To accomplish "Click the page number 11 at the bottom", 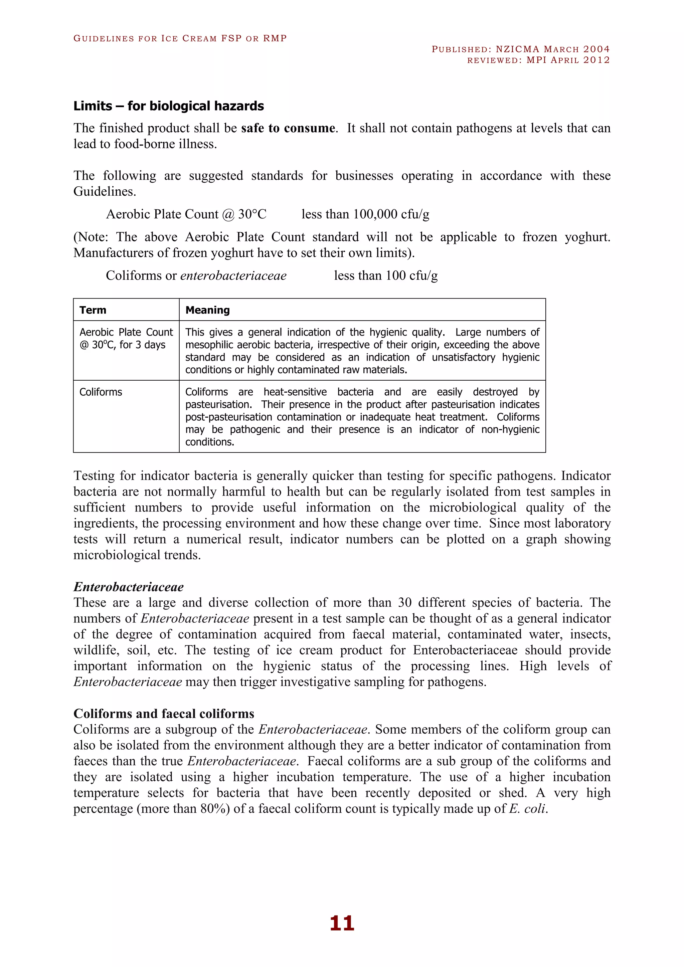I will pyautogui.click(x=342, y=923).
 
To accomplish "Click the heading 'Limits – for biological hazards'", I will pyautogui.click(x=168, y=106).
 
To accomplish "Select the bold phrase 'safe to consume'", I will pyautogui.click(x=288, y=128).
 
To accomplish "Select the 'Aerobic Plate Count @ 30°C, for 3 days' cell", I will pyautogui.click(x=126, y=339).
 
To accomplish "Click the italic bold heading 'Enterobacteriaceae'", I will pyautogui.click(x=129, y=587).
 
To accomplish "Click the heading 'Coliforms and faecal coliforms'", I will pyautogui.click(x=164, y=714).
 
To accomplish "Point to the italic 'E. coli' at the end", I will pyautogui.click(x=527, y=809).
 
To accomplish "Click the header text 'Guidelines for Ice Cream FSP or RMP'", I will pyautogui.click(x=180, y=38).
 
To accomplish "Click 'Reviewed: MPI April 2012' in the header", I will pyautogui.click(x=538, y=60).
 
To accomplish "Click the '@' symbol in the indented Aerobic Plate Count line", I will pyautogui.click(x=228, y=215).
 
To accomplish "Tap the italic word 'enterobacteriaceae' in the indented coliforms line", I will pyautogui.click(x=233, y=275).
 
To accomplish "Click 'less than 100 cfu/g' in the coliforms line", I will pyautogui.click(x=386, y=275).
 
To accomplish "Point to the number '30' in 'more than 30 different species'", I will pyautogui.click(x=404, y=603).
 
